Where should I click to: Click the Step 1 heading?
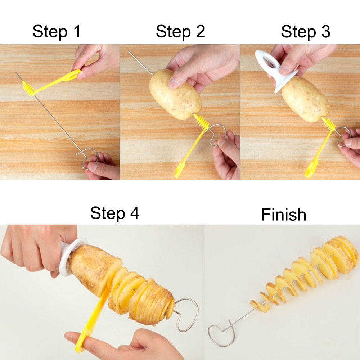57,32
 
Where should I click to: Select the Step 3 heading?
305,32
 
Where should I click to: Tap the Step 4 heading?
114,213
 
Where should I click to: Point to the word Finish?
283,215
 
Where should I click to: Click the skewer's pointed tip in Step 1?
17,73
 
